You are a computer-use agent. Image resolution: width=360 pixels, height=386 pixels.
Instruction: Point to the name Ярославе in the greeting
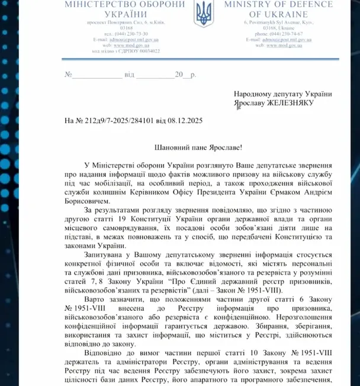coord(216,145)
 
